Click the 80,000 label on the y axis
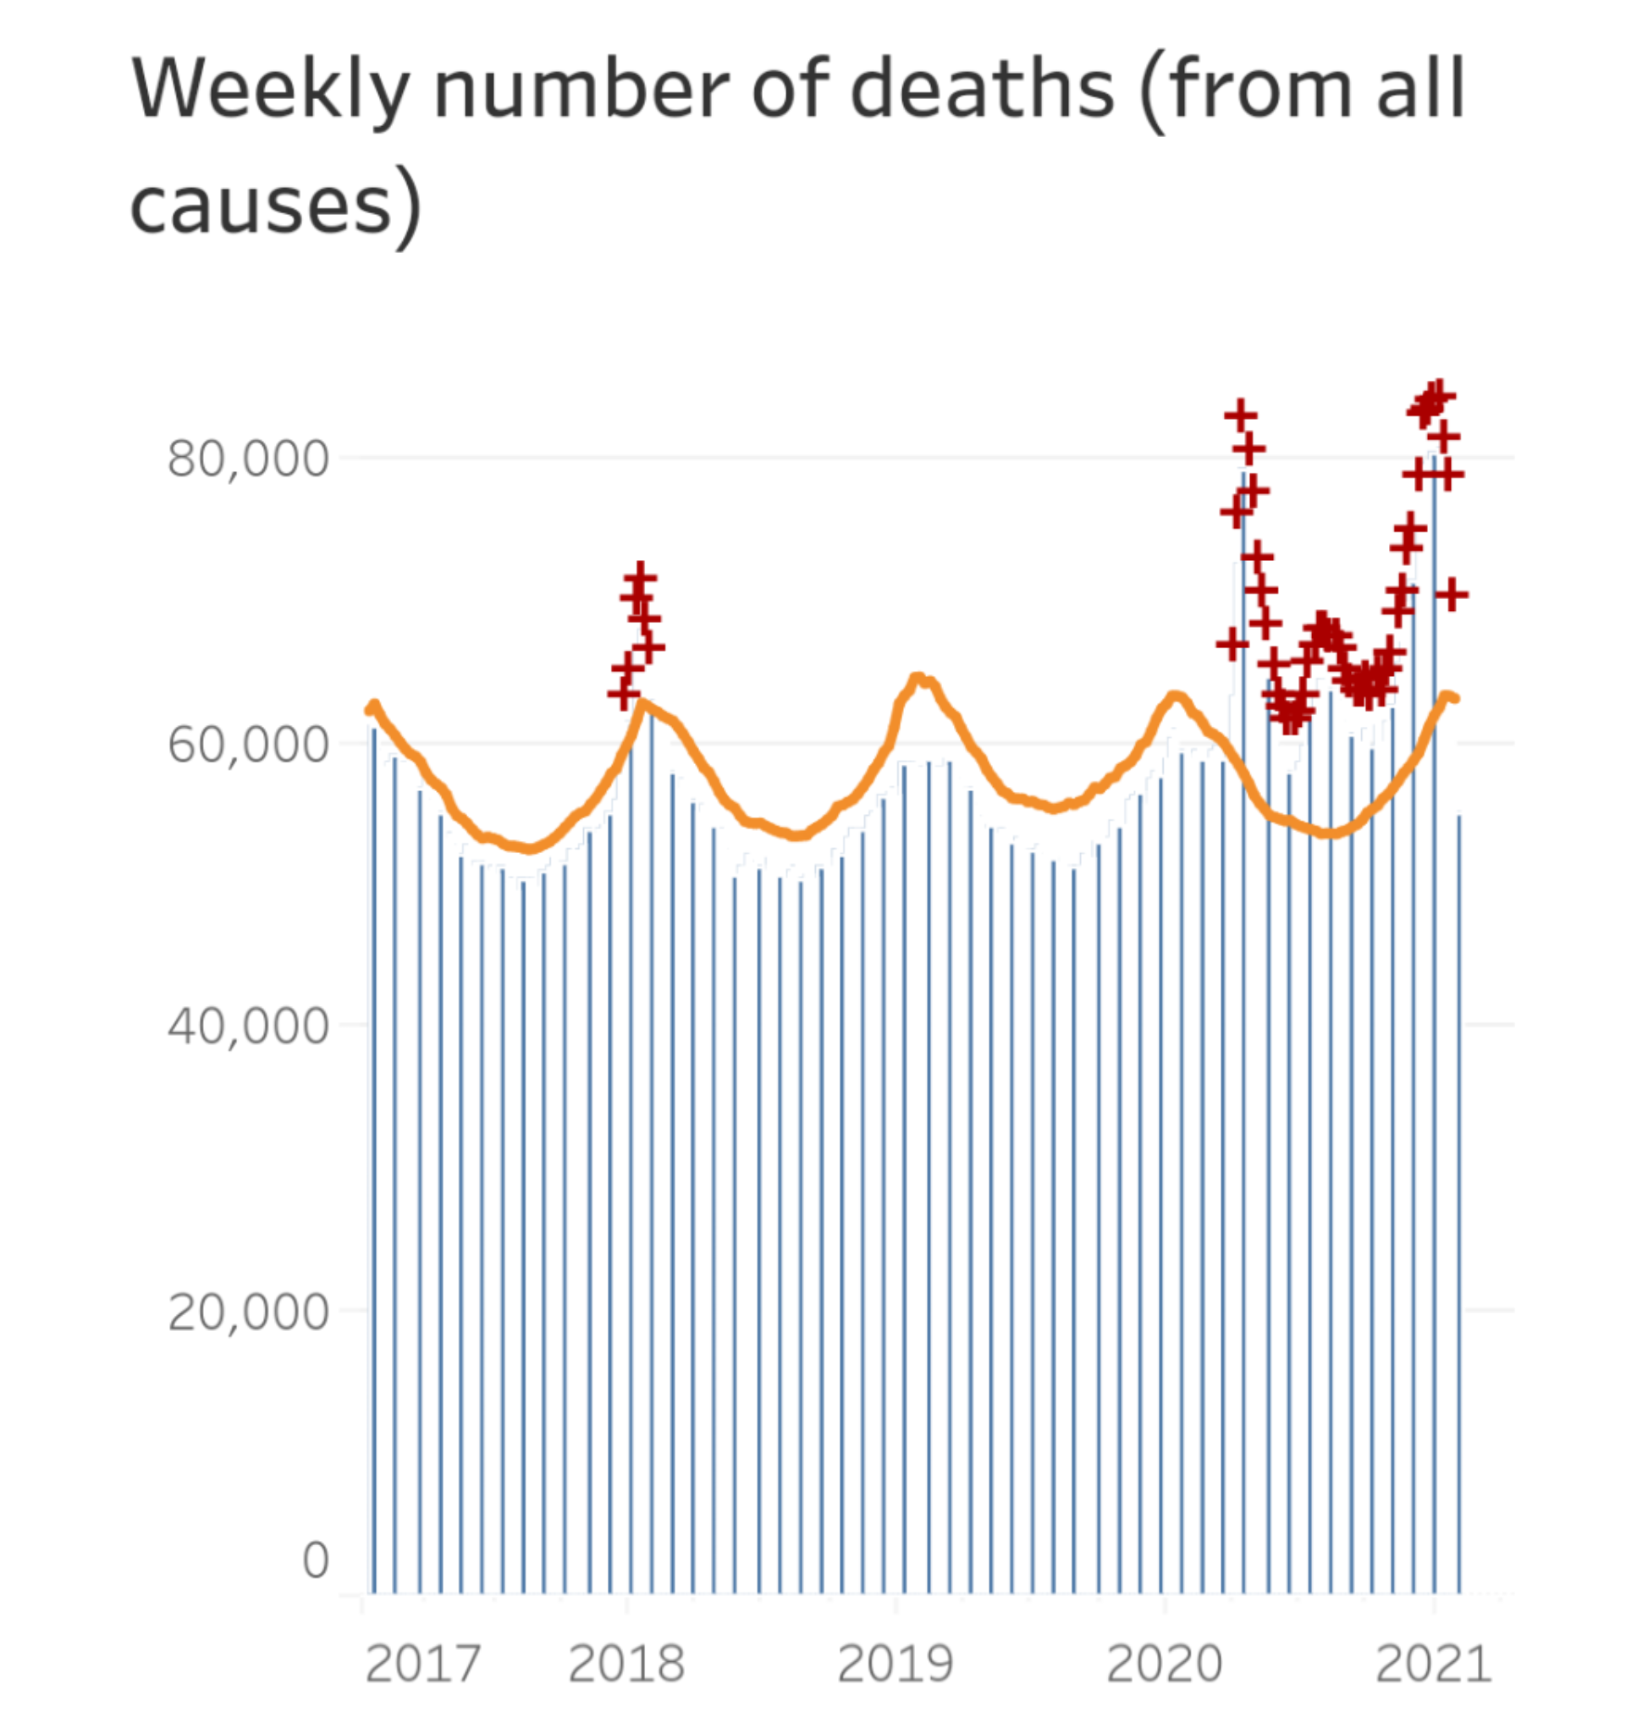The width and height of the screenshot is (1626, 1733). pos(249,459)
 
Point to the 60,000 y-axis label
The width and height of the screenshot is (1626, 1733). pos(249,745)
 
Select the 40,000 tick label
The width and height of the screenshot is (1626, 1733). pos(249,1026)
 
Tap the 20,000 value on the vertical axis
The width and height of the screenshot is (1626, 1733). pos(249,1311)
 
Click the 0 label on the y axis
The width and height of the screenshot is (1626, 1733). pos(316,1560)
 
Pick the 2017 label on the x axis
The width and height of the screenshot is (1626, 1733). pos(423,1664)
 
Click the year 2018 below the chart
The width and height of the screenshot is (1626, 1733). pos(626,1664)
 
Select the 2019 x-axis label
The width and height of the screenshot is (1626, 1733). pos(896,1664)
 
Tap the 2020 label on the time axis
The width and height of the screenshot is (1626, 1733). pos(1164,1664)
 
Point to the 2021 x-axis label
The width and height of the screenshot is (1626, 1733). pos(1433,1664)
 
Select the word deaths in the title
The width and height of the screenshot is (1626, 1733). pos(983,89)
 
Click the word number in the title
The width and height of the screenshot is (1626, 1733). pos(582,89)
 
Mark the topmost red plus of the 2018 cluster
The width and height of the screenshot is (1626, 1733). pos(640,577)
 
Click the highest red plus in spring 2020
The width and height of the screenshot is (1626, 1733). pos(1240,415)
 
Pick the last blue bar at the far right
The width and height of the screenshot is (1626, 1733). pos(1458,1203)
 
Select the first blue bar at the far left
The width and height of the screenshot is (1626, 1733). pos(374,1159)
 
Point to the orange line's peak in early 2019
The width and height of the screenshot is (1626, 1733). pos(918,677)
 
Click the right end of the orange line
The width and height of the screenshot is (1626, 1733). pos(1454,698)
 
